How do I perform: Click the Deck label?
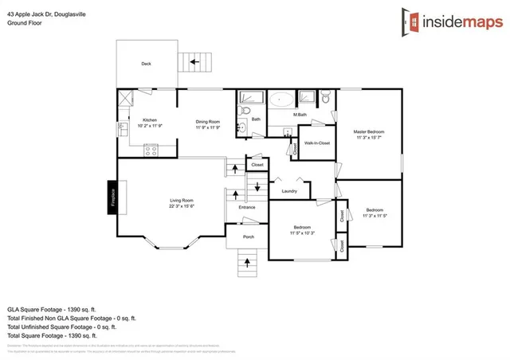pos(146,64)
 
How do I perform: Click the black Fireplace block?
pos(112,197)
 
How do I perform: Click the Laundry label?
pos(289,191)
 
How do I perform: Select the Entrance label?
pos(247,207)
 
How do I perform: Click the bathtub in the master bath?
pos(280,100)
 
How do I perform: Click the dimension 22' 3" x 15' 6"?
pos(182,206)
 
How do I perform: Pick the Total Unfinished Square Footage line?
pos(61,327)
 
